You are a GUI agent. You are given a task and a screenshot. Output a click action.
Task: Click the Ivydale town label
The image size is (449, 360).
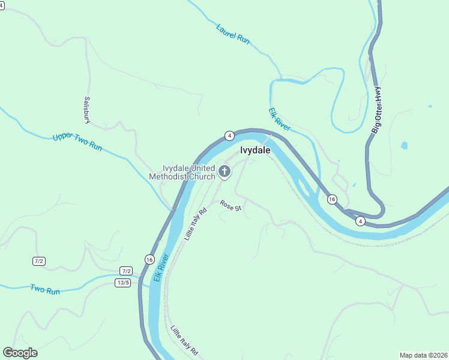tap(255, 151)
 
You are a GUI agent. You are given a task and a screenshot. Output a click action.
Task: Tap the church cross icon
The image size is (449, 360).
tap(224, 172)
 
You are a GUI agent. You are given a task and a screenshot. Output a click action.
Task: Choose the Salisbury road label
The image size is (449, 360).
tap(88, 110)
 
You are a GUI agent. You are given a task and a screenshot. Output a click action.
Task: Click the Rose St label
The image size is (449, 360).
tap(231, 206)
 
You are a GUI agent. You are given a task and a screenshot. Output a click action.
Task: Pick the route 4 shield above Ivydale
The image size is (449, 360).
tap(229, 135)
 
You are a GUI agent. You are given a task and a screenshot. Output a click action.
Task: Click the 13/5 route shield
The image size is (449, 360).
tap(123, 283)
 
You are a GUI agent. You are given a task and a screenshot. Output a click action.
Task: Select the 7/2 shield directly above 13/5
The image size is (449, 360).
tap(126, 271)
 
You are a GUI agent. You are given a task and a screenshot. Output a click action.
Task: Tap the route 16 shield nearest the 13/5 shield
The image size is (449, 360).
tap(149, 259)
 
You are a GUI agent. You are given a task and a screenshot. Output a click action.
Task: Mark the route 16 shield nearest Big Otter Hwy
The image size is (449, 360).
tap(332, 199)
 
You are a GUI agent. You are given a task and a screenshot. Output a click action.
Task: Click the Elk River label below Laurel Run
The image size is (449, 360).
tap(280, 119)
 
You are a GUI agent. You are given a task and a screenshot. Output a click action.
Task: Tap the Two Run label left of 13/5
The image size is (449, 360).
tap(45, 289)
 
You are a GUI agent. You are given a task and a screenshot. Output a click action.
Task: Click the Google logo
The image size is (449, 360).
tap(20, 353)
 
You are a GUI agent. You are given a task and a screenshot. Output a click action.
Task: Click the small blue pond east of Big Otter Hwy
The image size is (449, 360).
tap(404, 145)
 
